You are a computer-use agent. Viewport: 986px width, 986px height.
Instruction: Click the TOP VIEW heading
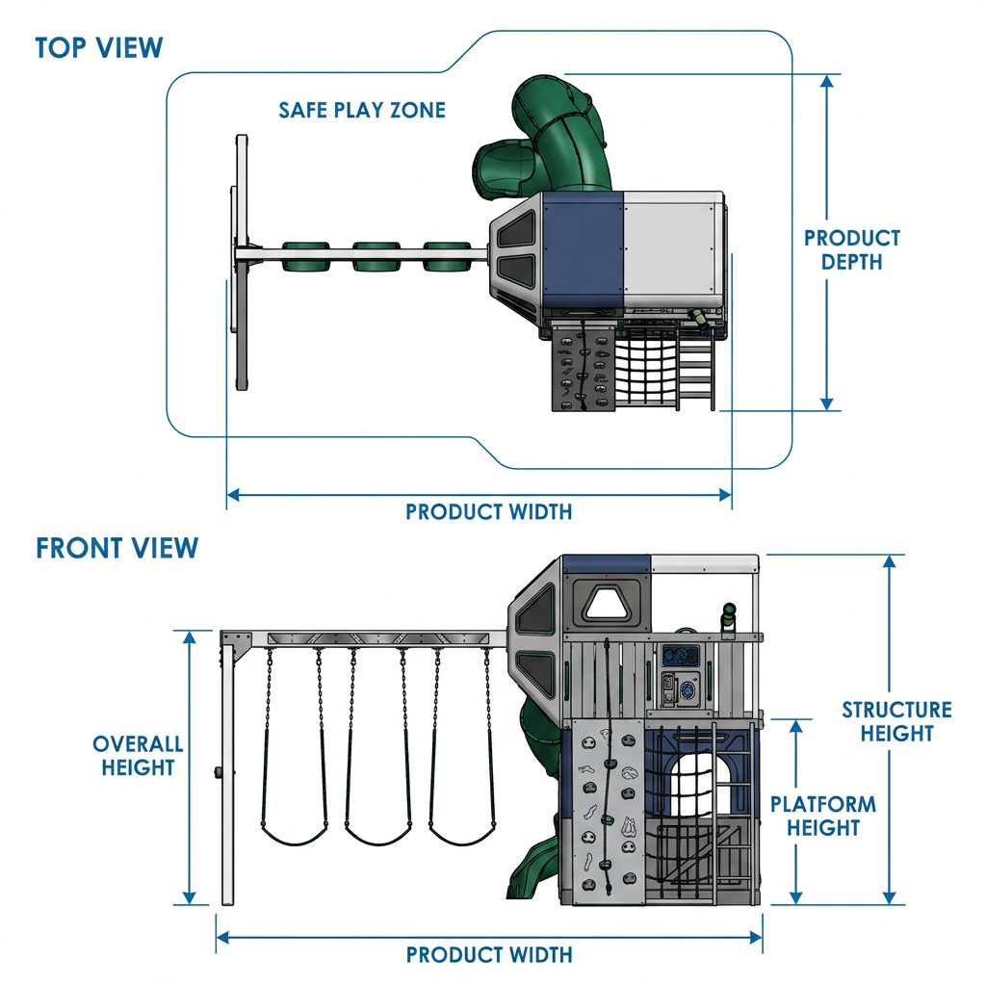point(99,48)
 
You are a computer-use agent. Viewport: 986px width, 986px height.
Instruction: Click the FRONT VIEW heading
point(117,548)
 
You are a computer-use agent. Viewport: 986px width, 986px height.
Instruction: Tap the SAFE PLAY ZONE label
point(362,110)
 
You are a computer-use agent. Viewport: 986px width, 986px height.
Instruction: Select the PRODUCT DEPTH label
point(852,249)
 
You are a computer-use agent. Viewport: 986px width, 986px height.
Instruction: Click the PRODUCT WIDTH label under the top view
point(488,512)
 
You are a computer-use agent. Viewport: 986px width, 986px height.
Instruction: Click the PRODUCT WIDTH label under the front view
point(489,954)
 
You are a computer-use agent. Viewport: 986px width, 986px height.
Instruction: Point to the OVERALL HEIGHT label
point(138,756)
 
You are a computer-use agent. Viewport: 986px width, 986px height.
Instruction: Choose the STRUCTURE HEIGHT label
point(896,721)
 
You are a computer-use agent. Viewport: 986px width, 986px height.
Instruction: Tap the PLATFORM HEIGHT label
point(823,816)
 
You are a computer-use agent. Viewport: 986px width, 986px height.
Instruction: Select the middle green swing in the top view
point(376,256)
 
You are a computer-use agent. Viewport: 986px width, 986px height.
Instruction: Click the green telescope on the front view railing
point(729,618)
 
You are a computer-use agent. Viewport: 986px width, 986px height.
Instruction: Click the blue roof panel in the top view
point(583,250)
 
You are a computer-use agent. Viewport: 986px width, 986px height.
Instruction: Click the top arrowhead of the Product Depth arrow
point(827,81)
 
